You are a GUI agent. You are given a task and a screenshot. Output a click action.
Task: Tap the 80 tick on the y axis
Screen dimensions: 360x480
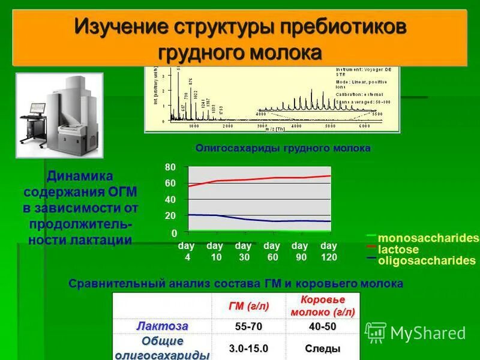[x=171, y=167]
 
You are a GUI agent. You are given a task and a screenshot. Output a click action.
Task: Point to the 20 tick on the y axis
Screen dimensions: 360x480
[x=171, y=215]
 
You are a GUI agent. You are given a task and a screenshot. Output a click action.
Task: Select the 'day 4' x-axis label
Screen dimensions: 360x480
[x=187, y=251]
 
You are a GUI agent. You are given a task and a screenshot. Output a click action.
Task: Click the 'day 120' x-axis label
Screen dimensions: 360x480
[x=329, y=251]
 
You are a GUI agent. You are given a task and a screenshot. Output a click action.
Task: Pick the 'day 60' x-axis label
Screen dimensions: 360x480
[x=272, y=251]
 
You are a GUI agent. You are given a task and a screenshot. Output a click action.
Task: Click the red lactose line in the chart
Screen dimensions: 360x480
[x=258, y=179]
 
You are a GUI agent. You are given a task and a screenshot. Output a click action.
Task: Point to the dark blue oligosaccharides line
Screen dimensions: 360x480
[x=258, y=220]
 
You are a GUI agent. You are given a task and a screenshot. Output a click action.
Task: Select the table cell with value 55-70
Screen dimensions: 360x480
[x=248, y=326]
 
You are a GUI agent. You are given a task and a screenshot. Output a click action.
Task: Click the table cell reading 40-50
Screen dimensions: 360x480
[x=322, y=326]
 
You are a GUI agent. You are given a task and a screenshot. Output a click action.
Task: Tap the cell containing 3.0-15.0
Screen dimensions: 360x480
[x=248, y=349]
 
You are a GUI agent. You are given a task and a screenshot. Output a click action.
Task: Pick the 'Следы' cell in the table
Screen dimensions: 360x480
[x=322, y=349]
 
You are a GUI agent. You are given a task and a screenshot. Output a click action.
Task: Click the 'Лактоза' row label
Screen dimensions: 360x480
[x=162, y=326]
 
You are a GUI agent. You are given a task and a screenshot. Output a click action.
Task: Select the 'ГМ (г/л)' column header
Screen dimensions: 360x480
[x=248, y=306]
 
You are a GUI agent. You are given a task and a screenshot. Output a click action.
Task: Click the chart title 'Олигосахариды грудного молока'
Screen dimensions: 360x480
[x=283, y=148]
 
